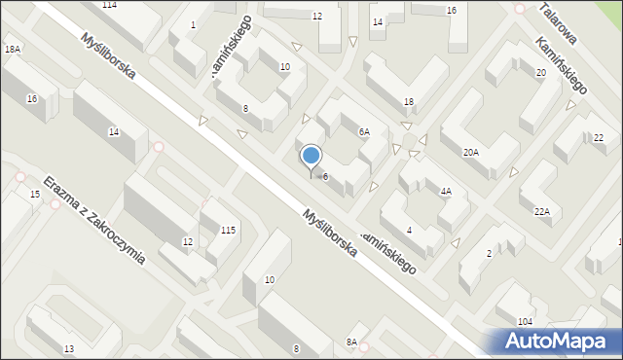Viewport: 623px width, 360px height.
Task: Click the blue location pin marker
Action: coord(311,157)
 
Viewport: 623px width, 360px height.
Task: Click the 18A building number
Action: coord(12,49)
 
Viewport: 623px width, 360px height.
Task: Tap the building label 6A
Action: coord(364,131)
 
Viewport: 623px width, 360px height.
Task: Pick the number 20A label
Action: coord(471,152)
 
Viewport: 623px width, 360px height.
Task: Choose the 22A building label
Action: coord(541,211)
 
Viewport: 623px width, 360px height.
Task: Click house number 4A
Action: coord(446,192)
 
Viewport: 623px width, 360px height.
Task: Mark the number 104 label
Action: coord(525,321)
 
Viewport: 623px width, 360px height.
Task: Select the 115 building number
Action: coord(228,230)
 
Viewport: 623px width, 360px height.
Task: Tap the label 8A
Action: coord(351,342)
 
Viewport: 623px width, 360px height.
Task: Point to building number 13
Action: coord(68,348)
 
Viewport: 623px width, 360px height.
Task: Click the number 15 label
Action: coord(35,196)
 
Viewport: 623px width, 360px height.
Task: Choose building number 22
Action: coord(598,138)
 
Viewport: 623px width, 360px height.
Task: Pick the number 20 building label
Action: coord(540,73)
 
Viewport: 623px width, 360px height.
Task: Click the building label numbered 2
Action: coord(489,254)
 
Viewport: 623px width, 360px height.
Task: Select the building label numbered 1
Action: coord(193,24)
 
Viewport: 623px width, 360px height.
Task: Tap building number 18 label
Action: coord(409,102)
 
